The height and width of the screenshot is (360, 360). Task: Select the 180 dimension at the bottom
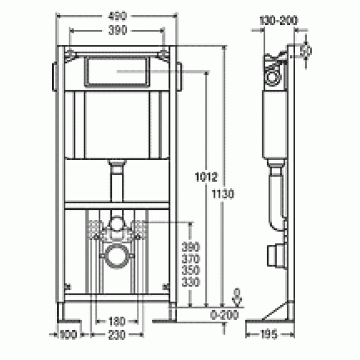(116, 321)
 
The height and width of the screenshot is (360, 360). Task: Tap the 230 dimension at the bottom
(116, 335)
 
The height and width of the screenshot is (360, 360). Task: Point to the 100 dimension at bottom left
(68, 335)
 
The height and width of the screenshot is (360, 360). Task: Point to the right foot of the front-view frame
(164, 312)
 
